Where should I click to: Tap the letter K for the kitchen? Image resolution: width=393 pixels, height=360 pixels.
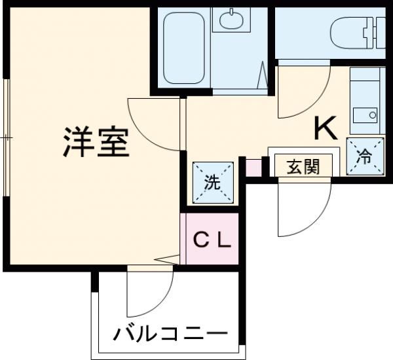[x=326, y=128]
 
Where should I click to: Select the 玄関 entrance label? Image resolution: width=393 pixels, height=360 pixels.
[x=302, y=167]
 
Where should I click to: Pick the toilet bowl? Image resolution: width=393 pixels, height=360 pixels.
[x=347, y=29]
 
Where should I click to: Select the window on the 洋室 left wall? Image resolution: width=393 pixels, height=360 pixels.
[x=6, y=137]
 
